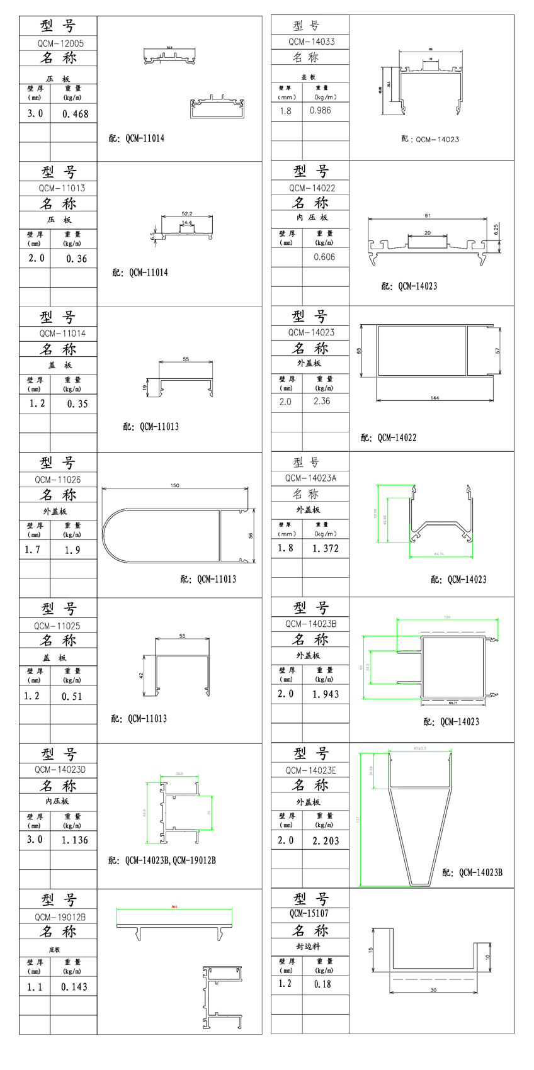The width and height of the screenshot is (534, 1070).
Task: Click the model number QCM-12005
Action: pyautogui.click(x=59, y=43)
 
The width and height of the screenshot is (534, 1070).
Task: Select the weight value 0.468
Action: pyautogui.click(x=75, y=114)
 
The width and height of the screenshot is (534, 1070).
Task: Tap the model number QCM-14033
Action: pyautogui.click(x=311, y=42)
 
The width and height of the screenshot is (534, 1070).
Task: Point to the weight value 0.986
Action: pyautogui.click(x=320, y=110)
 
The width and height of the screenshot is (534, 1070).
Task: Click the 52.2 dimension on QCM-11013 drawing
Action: pyautogui.click(x=186, y=214)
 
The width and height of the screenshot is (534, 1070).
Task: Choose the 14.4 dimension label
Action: pyautogui.click(x=187, y=223)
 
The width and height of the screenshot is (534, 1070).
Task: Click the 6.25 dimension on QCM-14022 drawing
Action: pyautogui.click(x=496, y=228)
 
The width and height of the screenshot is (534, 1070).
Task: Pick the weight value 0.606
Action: pyautogui.click(x=324, y=257)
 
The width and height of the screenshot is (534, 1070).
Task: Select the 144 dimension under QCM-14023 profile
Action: pyautogui.click(x=435, y=398)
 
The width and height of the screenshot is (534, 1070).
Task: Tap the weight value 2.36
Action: pyautogui.click(x=321, y=401)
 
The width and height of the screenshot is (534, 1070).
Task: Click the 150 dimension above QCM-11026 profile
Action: pyautogui.click(x=175, y=485)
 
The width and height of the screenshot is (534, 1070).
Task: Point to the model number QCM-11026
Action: pyautogui.click(x=57, y=480)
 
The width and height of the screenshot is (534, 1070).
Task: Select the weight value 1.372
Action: pyautogui.click(x=325, y=549)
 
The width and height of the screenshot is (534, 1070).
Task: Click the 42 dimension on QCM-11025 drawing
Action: pyautogui.click(x=142, y=675)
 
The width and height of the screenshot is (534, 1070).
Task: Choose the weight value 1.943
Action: pyautogui.click(x=325, y=694)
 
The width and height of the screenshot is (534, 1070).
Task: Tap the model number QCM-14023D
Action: pyautogui.click(x=60, y=770)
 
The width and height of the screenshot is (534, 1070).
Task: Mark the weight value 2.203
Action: pyautogui.click(x=325, y=840)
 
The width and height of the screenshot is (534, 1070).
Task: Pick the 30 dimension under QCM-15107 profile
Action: pyautogui.click(x=433, y=990)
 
